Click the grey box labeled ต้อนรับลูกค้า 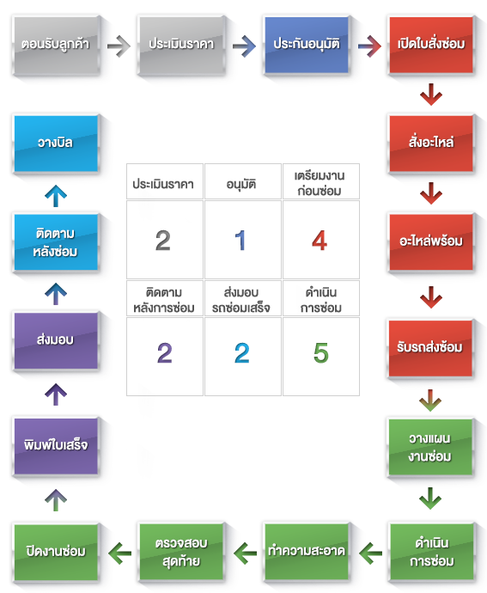pos(57,45)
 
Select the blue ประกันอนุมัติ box pos(307,45)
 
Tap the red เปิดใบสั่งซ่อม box pos(431,45)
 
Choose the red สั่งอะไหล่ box pos(431,144)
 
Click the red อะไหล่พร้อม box pos(431,242)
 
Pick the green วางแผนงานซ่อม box pos(430,447)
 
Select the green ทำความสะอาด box pos(307,552)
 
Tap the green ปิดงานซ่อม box pos(56,552)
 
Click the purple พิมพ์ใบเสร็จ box pos(56,446)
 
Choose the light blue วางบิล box pos(56,144)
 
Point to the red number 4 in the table pos(320,241)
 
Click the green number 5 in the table pos(321,353)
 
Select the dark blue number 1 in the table pos(240,241)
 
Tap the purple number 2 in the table pos(164,353)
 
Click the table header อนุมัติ pos(241,184)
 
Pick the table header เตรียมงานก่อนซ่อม pos(320,183)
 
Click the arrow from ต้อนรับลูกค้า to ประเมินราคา pos(119,46)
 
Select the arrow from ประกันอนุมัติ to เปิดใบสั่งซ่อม pos(369,46)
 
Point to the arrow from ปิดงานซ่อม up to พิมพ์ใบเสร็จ pos(56,500)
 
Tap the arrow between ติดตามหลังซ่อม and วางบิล pos(56,196)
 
